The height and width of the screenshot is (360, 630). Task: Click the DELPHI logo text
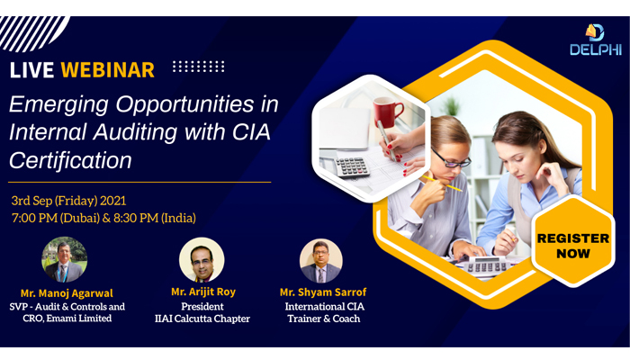(595, 50)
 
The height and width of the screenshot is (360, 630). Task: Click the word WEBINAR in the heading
(110, 69)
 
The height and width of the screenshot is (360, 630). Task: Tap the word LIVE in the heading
(33, 70)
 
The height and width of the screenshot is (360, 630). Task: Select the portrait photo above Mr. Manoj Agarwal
(64, 259)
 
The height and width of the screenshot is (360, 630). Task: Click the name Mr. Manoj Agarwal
(67, 293)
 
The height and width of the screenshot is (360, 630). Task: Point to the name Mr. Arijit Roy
(204, 292)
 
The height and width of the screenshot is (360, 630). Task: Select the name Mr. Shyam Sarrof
(323, 292)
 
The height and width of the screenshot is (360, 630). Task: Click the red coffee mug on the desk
(388, 112)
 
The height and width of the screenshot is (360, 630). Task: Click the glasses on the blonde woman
(449, 160)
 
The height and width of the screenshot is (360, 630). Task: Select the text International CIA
(323, 306)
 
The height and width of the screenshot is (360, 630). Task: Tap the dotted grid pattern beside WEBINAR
(198, 67)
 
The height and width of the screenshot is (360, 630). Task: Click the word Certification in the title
(70, 161)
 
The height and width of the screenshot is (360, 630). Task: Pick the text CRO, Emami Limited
(67, 319)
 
